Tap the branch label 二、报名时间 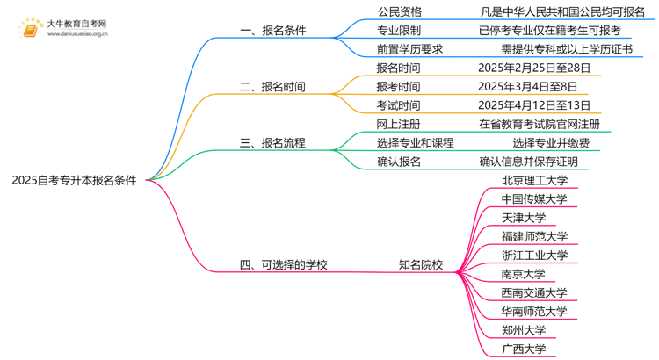[x=272, y=87]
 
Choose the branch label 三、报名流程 [x=272, y=143]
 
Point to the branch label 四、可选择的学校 [x=283, y=264]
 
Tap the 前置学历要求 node [x=409, y=49]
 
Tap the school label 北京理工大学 [x=534, y=181]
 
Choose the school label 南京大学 [x=523, y=274]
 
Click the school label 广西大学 [x=523, y=349]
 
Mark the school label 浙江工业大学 [x=534, y=256]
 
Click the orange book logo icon [x=31, y=28]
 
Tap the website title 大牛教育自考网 [x=76, y=23]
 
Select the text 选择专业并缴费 [x=551, y=143]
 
